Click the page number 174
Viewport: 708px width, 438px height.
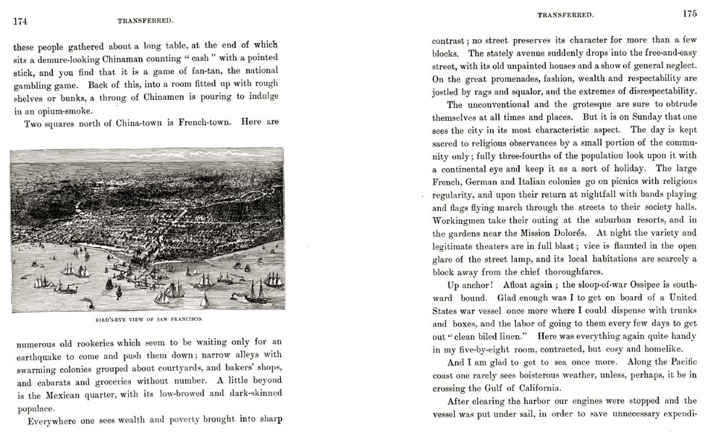(x=20, y=21)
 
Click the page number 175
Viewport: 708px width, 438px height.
(x=688, y=13)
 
